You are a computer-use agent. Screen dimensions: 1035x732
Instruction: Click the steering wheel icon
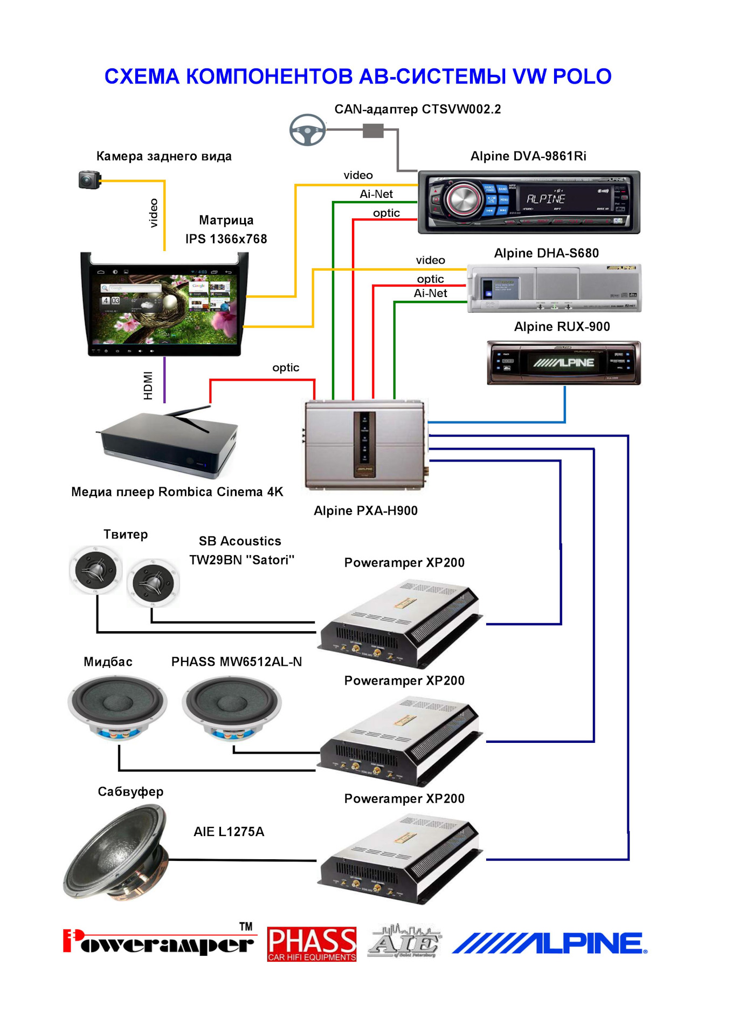307,130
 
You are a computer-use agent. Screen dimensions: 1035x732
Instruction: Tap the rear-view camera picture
89,180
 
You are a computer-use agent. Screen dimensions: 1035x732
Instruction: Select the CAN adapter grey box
373,130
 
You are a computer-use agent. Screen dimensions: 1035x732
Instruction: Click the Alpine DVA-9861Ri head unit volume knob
462,200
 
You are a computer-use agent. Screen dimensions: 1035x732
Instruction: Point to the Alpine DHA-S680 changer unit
554,288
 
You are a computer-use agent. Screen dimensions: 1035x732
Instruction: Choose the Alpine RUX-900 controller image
564,363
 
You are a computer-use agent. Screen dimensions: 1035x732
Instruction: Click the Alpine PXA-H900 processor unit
365,445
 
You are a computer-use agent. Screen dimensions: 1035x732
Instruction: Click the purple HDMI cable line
164,379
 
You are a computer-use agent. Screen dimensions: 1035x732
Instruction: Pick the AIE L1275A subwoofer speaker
116,853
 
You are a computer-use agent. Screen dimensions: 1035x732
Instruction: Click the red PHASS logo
312,944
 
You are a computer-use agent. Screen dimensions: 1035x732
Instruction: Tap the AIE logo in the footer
404,942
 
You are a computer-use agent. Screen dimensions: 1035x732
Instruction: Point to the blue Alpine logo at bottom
549,943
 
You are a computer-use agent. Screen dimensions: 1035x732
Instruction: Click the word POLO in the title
582,77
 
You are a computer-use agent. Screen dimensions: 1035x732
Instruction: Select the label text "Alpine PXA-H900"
365,510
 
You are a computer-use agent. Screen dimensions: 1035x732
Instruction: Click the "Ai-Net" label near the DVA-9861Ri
376,194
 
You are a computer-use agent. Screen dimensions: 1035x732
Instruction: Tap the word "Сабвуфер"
130,791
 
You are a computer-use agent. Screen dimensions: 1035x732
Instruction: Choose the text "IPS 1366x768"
226,239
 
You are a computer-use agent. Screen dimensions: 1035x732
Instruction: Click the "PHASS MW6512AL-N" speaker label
237,661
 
